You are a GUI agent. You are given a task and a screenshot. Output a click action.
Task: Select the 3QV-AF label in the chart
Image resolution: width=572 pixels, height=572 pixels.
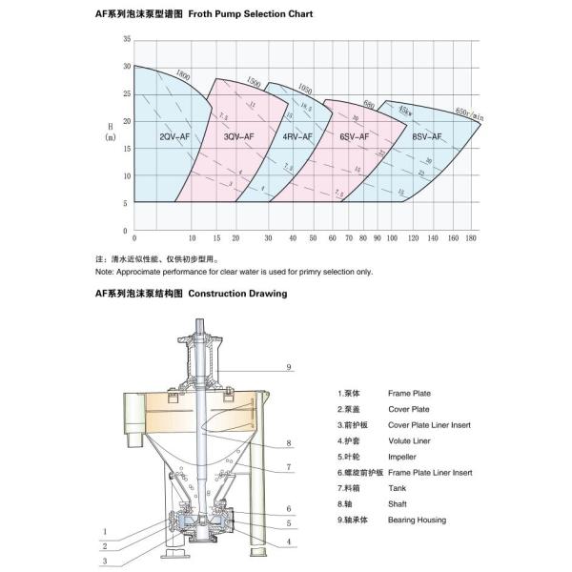click(x=238, y=137)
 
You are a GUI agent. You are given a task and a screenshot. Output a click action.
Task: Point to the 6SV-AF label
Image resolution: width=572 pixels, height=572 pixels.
click(x=354, y=137)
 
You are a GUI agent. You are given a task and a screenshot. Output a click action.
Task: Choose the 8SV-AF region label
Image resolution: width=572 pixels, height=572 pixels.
click(x=425, y=137)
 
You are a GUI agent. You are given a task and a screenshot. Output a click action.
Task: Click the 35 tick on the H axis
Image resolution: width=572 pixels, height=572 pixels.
click(x=127, y=40)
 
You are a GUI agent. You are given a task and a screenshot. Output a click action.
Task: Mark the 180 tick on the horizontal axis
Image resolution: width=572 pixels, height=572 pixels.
click(x=470, y=237)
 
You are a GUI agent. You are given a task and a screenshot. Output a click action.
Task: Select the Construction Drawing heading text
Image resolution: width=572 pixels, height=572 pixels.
click(x=237, y=295)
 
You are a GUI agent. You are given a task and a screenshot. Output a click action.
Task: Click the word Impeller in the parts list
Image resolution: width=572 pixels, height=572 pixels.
click(x=403, y=457)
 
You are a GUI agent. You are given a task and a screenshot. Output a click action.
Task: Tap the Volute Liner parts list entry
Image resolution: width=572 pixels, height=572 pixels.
click(x=408, y=440)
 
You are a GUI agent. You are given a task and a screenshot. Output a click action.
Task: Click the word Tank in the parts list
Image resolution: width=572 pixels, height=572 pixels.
click(x=397, y=489)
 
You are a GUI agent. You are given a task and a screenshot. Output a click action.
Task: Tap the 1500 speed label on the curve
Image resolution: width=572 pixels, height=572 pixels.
click(x=253, y=83)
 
